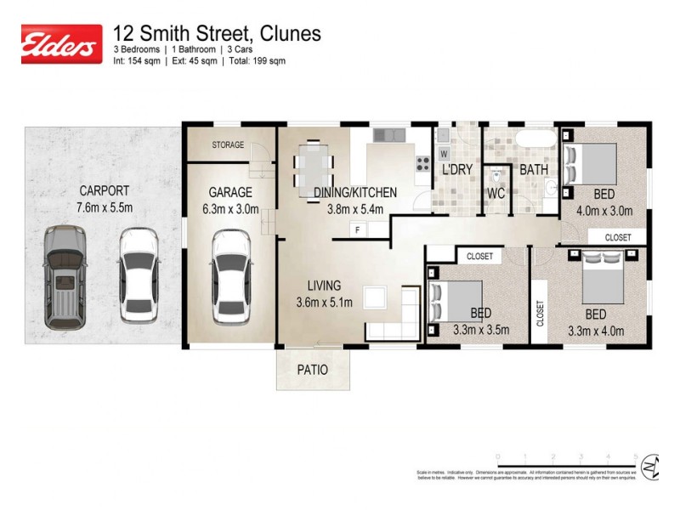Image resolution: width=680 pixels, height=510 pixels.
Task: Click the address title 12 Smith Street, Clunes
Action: pos(217,34)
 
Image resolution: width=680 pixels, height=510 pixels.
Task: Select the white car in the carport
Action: pos(138,274)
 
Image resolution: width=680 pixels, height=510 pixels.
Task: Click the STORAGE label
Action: pos(228,145)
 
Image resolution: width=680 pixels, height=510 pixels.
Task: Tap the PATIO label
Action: pos(313,371)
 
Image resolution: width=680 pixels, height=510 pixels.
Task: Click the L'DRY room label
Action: pos(457,170)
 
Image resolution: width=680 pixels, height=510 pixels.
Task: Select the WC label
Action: pos(496,193)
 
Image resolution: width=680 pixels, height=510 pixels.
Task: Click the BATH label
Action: pos(534,170)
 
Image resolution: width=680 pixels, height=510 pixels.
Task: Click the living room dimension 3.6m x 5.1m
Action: pos(324,302)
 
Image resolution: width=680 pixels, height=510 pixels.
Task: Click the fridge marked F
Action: pos(358,229)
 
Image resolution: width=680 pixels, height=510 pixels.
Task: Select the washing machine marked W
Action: pos(444,154)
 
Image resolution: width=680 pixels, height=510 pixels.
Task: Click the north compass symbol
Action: pos(651,467)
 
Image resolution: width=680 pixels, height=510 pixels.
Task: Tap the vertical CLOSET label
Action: pos(540,313)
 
